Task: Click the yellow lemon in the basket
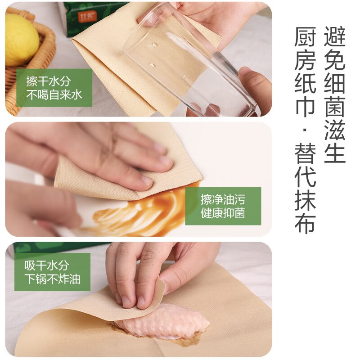(21, 40)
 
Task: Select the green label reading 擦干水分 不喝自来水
(54, 88)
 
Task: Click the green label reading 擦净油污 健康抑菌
(223, 206)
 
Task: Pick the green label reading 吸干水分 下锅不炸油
(52, 272)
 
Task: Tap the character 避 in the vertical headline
(335, 36)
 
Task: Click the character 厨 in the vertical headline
(305, 36)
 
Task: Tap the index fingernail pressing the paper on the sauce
(147, 180)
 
